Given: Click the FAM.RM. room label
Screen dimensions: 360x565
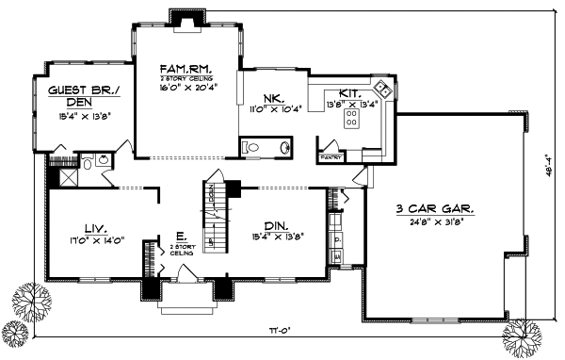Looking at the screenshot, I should coord(186,69).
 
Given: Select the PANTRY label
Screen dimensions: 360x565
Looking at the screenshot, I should coord(331,157).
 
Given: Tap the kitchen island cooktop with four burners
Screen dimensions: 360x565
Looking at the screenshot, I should coord(352,118).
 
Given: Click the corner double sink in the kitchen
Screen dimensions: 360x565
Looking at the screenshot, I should coord(382,90).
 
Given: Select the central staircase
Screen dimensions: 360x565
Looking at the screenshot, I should coord(217,217).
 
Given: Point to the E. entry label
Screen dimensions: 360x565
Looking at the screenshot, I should coord(178,237).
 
